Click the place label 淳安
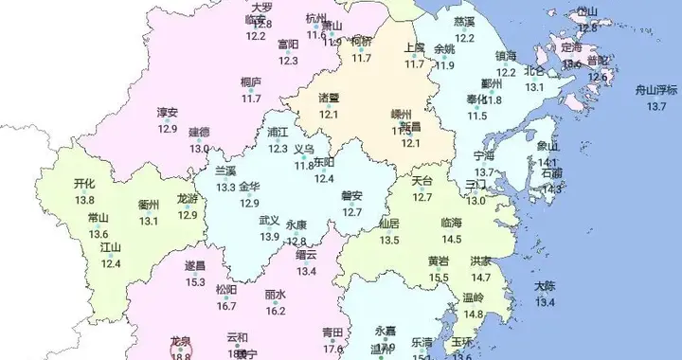tap(168, 113)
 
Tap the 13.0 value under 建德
tap(199, 149)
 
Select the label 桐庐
tap(251, 82)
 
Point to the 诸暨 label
tap(329, 98)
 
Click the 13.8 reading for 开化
tap(85, 200)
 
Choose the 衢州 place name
tap(149, 205)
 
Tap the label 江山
tap(111, 247)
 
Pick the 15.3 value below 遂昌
tap(195, 281)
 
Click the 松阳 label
tap(226, 290)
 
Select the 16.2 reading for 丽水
tap(276, 310)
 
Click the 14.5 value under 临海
tap(451, 238)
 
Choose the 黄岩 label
tap(439, 261)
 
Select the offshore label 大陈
tap(545, 286)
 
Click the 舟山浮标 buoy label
tap(656, 91)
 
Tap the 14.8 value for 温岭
tap(473, 314)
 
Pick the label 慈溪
tap(464, 20)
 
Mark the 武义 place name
tap(269, 221)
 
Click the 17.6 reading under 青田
tap(332, 349)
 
